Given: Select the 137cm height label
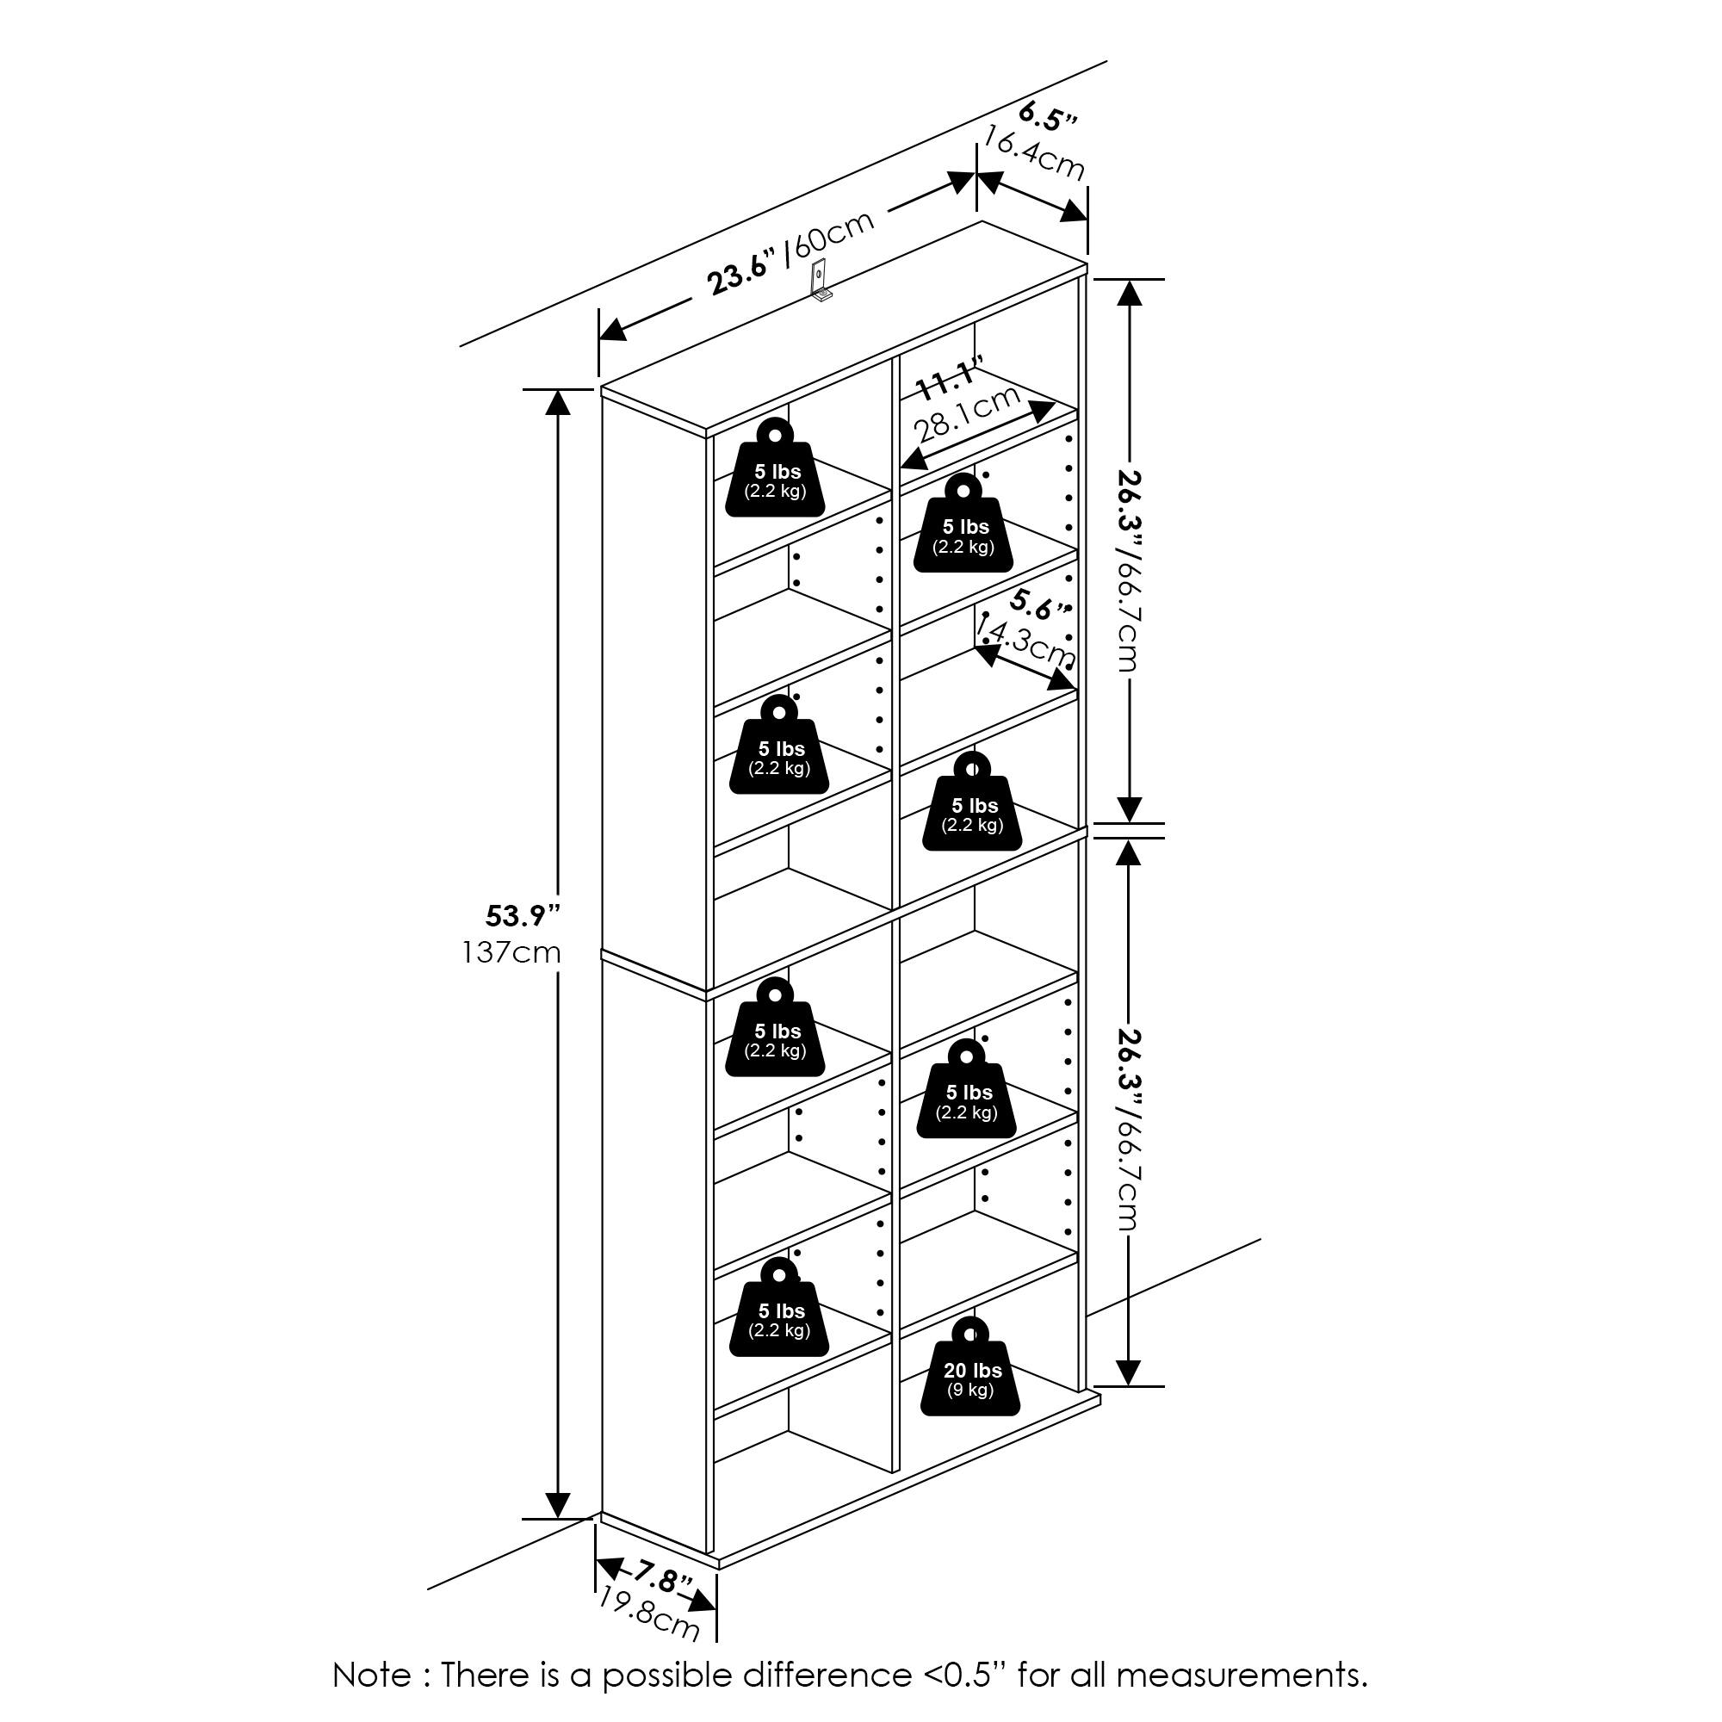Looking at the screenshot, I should (511, 953).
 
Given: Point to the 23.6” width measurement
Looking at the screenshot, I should (740, 274).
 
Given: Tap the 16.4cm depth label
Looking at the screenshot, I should (1034, 152).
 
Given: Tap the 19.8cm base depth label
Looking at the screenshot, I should (648, 1614).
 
